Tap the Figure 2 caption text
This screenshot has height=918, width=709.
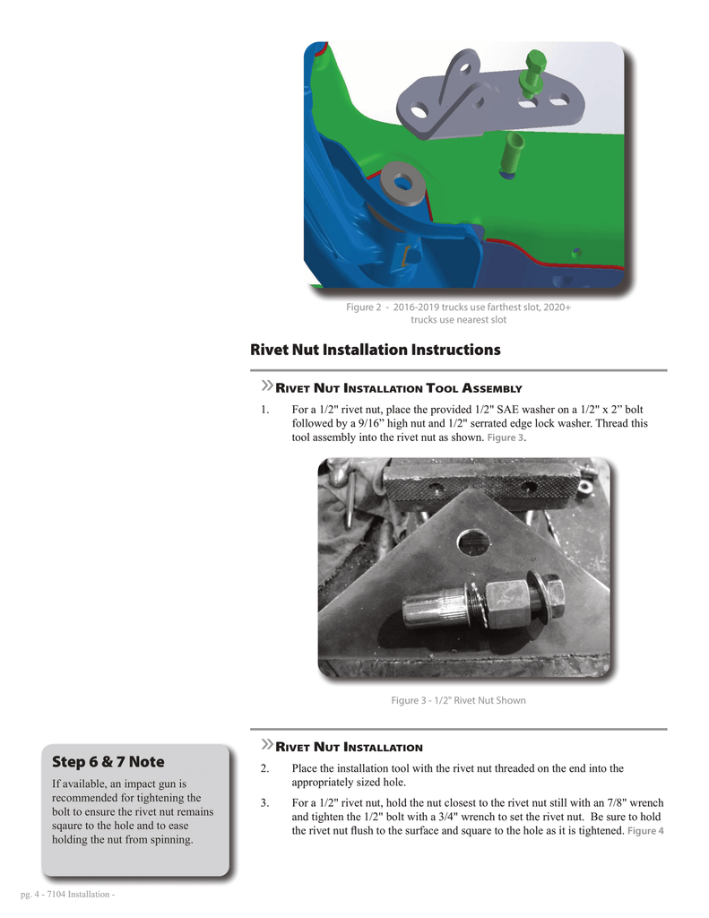pyautogui.click(x=458, y=313)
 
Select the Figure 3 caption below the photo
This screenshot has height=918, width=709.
pyautogui.click(x=458, y=700)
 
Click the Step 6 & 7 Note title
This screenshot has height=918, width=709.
pyautogui.click(x=108, y=762)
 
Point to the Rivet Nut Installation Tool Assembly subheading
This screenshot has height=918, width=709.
pyautogui.click(x=397, y=389)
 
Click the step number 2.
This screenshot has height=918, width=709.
pyautogui.click(x=264, y=768)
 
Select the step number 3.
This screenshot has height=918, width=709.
pyautogui.click(x=264, y=802)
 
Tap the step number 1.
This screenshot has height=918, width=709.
pyautogui.click(x=264, y=410)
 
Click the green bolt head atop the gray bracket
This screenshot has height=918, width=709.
pyautogui.click(x=537, y=65)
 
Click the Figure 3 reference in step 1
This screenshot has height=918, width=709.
pyautogui.click(x=506, y=438)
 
